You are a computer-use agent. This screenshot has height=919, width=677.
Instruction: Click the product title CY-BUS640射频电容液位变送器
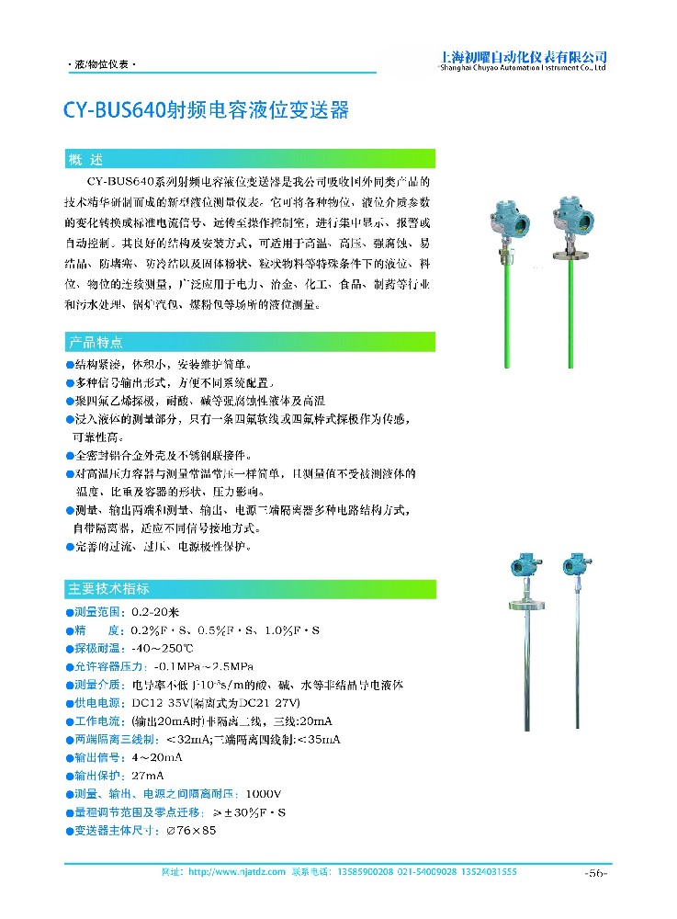[206, 111]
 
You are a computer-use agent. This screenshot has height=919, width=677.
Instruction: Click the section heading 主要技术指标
[108, 588]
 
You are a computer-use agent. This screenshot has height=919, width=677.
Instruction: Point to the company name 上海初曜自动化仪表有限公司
[524, 56]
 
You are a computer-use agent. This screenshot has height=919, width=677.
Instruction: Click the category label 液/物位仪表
[103, 66]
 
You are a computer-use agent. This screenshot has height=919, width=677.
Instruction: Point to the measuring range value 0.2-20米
[155, 611]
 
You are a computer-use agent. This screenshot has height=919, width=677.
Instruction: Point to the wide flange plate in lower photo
[517, 607]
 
